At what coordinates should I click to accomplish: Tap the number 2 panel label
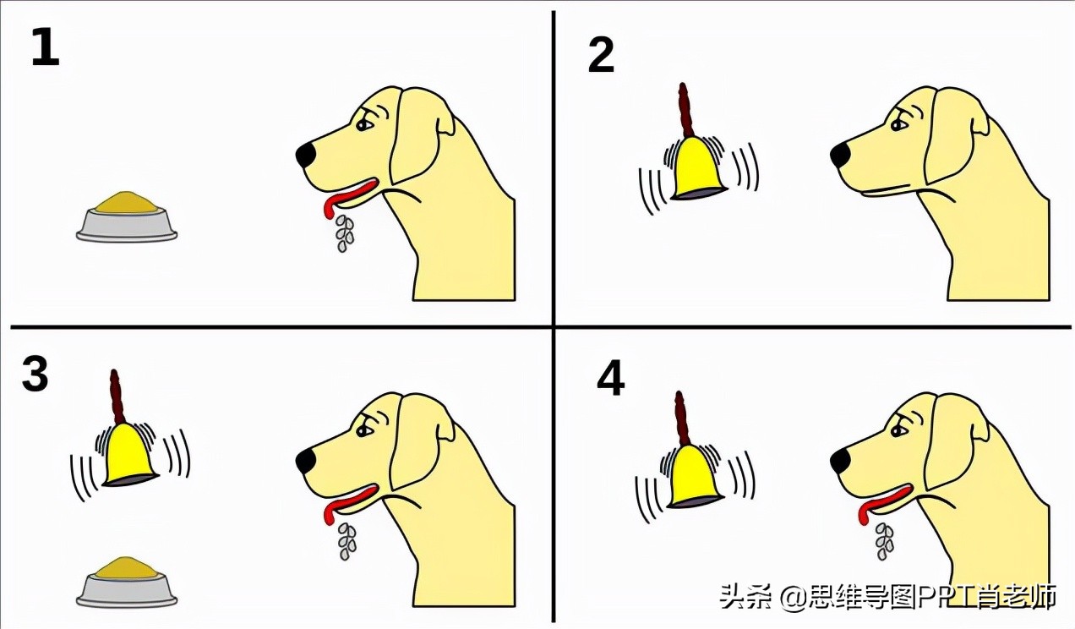click(x=601, y=56)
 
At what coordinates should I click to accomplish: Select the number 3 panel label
click(x=35, y=375)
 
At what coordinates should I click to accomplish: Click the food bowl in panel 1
click(x=127, y=218)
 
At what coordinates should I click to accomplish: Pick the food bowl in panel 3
click(x=127, y=582)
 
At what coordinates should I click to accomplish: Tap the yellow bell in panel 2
click(x=697, y=170)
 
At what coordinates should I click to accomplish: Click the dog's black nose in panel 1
click(x=306, y=155)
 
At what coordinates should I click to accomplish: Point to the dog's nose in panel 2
click(x=840, y=155)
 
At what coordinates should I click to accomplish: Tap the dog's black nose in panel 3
click(x=306, y=461)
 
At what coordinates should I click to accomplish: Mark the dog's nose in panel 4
click(x=840, y=461)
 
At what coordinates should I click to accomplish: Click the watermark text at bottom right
click(x=887, y=597)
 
